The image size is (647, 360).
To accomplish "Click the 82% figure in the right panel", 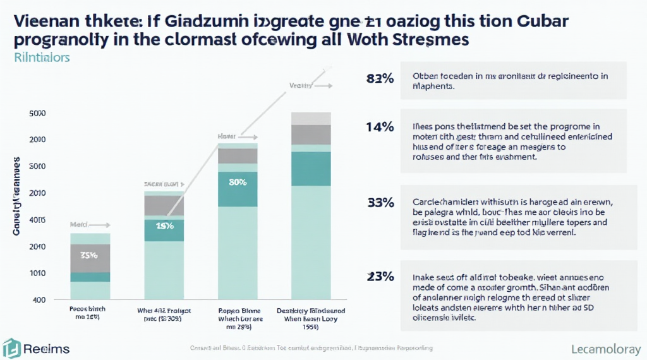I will [x=380, y=79].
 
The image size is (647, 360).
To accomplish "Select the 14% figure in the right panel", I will [x=380, y=127].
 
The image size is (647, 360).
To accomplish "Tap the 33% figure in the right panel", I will [x=380, y=203].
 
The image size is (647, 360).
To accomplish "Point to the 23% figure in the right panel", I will [x=380, y=276].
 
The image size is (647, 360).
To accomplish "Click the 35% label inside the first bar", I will [x=88, y=256].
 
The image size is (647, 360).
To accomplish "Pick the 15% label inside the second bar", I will [x=164, y=227].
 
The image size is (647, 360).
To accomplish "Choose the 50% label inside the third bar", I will [x=238, y=183].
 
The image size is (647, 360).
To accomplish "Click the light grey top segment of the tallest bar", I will [x=311, y=118].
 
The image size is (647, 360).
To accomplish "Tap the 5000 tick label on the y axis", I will [x=37, y=114].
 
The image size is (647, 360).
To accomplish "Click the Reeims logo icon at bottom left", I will [x=11, y=348].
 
